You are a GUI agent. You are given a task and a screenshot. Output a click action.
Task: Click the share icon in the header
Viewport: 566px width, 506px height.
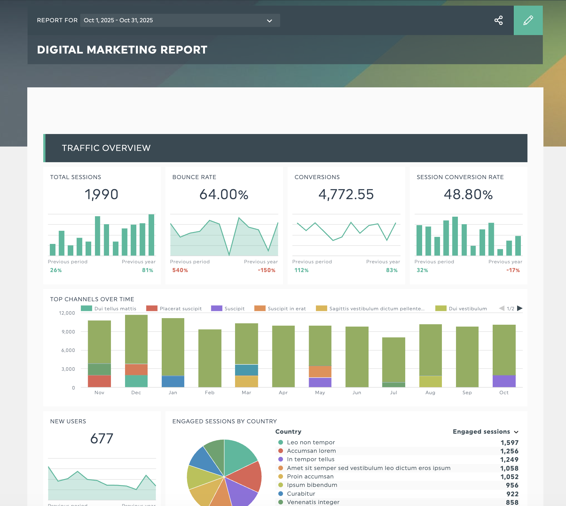coord(498,20)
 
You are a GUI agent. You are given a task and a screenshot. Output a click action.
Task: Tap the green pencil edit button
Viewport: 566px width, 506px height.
coord(528,20)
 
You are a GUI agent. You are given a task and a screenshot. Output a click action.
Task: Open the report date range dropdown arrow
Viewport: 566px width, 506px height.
coord(269,21)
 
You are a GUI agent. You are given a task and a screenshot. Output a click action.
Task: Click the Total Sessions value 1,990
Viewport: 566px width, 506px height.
coord(102,194)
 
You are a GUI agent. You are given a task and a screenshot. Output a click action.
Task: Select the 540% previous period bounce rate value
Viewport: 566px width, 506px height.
coord(180,270)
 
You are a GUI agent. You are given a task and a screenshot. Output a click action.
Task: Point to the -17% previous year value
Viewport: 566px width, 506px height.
coord(513,270)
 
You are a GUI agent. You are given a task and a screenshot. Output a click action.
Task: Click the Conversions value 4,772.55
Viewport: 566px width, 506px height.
coord(346,194)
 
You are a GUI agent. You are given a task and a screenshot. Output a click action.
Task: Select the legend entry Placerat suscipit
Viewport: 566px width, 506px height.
coord(180,308)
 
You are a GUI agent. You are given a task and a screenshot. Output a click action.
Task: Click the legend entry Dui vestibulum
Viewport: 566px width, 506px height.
coord(467,308)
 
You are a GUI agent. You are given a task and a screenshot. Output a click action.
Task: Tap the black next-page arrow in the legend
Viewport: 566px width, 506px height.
coord(520,308)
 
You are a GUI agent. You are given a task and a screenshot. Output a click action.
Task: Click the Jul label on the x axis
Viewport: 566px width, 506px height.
coord(394,392)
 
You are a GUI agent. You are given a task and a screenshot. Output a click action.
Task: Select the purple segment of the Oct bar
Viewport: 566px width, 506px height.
coord(504,381)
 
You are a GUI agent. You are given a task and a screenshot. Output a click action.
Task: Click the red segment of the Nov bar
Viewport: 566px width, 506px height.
coord(99,381)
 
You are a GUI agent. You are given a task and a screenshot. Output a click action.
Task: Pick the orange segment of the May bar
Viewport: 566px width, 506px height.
coord(320,372)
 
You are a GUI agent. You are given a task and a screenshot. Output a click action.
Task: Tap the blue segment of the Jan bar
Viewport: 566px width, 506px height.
coord(173,381)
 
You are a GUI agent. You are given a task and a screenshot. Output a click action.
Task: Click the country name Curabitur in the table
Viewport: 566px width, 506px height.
coord(301,493)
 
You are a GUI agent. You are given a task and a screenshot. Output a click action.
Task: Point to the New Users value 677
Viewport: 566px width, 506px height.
coord(102,438)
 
